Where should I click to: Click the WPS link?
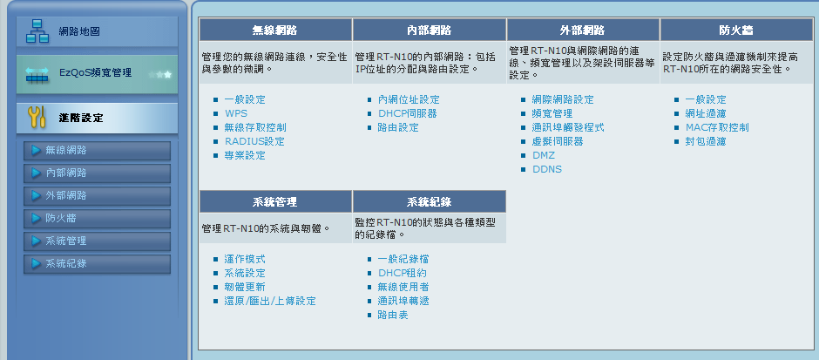coord(236,113)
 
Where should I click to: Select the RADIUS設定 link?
coord(255,141)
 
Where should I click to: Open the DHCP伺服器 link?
coord(408,113)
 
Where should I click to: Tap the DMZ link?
coord(543,156)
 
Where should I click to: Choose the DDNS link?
coord(547,169)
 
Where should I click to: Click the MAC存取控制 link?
coord(717,127)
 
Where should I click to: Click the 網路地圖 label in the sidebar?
coord(79,32)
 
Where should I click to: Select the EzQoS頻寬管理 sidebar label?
coord(96,72)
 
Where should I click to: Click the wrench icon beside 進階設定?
coord(36,118)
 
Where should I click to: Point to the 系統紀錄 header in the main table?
coord(429,201)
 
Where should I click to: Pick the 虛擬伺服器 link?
coord(558,141)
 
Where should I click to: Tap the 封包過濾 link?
coord(706,141)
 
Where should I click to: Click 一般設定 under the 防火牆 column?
coord(706,99)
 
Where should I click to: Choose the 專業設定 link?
coord(245,156)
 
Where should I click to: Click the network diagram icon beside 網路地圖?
coord(37,32)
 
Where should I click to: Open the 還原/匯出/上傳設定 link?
coord(270,301)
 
